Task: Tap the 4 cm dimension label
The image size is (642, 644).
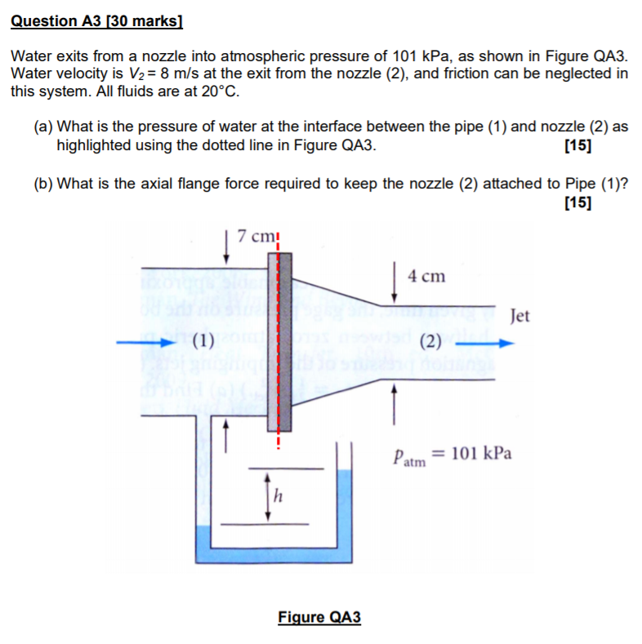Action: coord(426,276)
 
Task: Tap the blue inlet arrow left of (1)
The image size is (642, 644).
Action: coord(156,342)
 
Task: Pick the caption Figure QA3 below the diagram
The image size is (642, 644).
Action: coord(319,617)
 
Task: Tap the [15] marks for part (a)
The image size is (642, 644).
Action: coord(578,147)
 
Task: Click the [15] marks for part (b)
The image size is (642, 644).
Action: coord(578,203)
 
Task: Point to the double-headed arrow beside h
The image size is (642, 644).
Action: coord(265,495)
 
